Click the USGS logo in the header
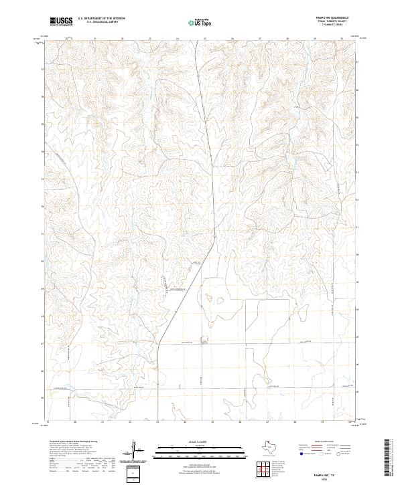pyautogui.click(x=61, y=21)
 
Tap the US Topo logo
pyautogui.click(x=202, y=22)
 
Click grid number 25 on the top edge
pyautogui.click(x=205, y=39)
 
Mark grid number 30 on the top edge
pyautogui.click(x=342, y=39)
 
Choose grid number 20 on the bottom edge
pyautogui.click(x=75, y=422)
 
